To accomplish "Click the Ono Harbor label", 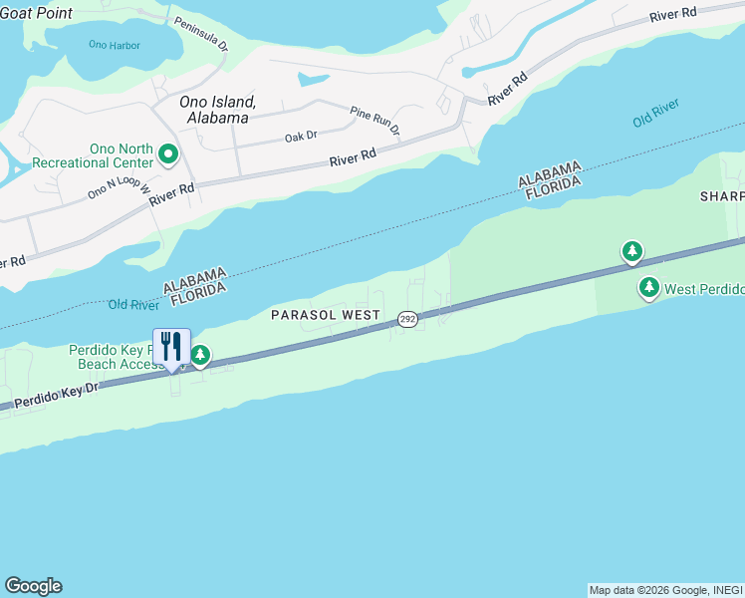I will tap(115, 45).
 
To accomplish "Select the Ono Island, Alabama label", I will tap(213, 110).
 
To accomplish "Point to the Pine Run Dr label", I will tap(374, 121).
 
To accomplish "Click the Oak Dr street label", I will tap(300, 136).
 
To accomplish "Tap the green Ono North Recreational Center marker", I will tap(168, 153).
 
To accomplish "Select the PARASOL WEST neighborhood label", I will tap(326, 315).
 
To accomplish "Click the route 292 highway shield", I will tap(406, 318).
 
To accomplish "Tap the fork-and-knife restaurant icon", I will tap(171, 348).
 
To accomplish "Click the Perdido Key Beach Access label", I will tap(115, 357).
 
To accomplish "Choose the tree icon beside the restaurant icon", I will tap(200, 355).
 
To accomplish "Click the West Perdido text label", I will tap(704, 289).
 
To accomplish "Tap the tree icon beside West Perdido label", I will tap(649, 288).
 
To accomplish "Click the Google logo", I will tap(33, 586).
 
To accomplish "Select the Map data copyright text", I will tap(664, 590).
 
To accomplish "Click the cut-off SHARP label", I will tap(721, 196).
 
